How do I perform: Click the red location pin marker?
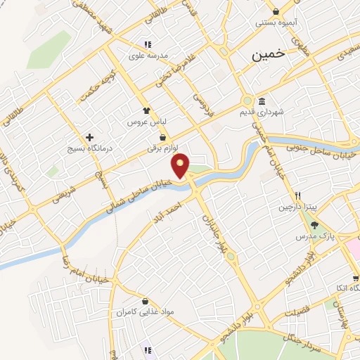click(x=181, y=165)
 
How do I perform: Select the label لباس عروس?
click(x=144, y=122)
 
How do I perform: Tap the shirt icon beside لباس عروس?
click(x=146, y=110)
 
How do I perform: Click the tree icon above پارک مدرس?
click(x=314, y=225)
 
